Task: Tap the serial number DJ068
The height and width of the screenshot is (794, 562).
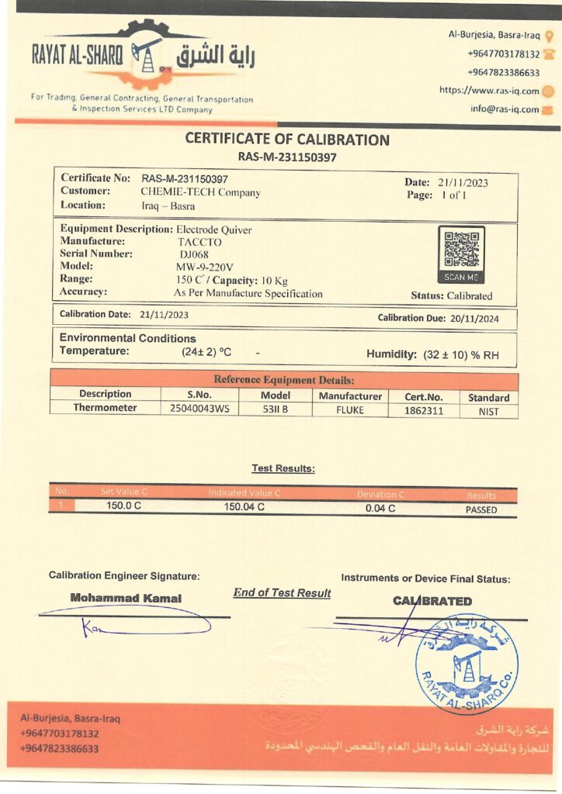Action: (x=193, y=254)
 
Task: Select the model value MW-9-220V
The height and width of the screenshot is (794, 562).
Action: (x=204, y=266)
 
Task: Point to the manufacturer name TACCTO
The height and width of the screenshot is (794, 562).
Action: (x=199, y=241)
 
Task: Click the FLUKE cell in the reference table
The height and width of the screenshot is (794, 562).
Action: (x=350, y=409)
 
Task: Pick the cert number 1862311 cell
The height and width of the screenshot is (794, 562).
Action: (x=424, y=410)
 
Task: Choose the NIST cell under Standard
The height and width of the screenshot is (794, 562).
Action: (x=489, y=411)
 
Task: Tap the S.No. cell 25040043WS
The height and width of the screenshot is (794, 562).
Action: (x=199, y=409)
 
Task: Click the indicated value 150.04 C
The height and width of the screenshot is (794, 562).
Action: (x=245, y=507)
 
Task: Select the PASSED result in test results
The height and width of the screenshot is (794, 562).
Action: (x=481, y=509)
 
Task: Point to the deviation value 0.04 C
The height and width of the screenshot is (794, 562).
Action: (x=380, y=508)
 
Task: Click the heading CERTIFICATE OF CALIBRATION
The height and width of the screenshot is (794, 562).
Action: (x=287, y=140)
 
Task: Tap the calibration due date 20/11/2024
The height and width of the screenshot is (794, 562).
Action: (x=480, y=318)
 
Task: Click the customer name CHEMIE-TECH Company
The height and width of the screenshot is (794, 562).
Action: (x=200, y=192)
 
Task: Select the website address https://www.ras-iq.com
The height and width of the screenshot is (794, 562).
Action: (x=489, y=90)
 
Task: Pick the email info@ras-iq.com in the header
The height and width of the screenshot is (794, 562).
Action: (x=505, y=109)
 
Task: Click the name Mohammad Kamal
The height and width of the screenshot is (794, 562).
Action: (x=126, y=598)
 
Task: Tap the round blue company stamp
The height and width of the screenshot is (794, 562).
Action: (x=467, y=663)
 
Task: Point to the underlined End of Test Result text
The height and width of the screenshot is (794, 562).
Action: (x=282, y=592)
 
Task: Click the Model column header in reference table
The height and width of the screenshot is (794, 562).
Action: (x=276, y=395)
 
